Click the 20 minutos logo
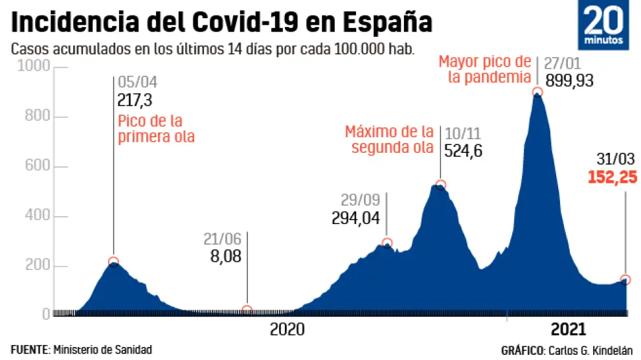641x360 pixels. coord(607,27)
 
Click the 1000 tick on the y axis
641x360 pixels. coord(33,67)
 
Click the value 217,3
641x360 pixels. coord(135,100)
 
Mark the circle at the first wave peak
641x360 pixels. coord(113,262)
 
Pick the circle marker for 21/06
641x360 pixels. coord(247,310)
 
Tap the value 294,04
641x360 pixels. coord(355,217)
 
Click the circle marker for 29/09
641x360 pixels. coord(387,243)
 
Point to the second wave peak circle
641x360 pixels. coord(441,185)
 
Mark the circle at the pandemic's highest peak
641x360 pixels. coord(537,92)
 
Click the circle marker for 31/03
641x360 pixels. coord(625,280)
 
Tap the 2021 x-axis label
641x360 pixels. coord(568,330)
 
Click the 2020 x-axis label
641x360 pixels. coord(287,330)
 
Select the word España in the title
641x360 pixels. coord(386,23)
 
